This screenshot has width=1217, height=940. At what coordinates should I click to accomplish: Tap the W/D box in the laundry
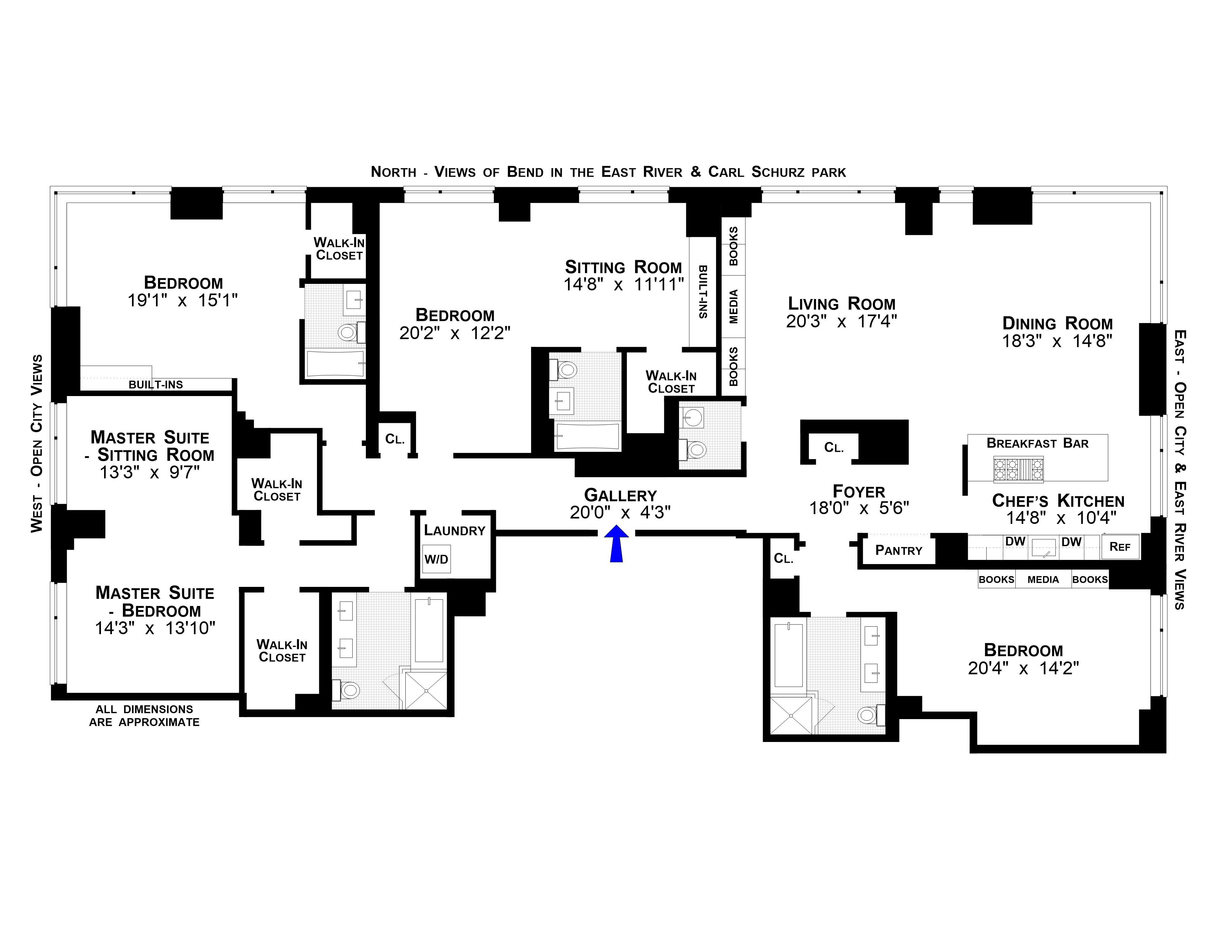click(436, 559)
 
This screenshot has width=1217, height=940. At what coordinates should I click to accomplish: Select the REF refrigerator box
click(1120, 547)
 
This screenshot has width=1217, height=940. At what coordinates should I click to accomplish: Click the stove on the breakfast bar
click(1018, 469)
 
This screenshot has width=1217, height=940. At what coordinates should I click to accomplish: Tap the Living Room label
click(841, 304)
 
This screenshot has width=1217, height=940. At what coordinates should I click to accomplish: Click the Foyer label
click(859, 492)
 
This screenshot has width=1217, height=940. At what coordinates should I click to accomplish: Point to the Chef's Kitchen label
click(1058, 501)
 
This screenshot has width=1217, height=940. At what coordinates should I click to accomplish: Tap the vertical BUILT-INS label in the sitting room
click(703, 292)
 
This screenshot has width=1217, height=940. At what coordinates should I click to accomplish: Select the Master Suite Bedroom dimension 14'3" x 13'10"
click(155, 628)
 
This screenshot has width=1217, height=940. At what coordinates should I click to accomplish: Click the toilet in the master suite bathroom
click(348, 691)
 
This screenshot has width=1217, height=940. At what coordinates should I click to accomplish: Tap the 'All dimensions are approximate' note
click(144, 716)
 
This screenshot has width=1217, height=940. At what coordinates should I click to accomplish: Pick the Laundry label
click(454, 530)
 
